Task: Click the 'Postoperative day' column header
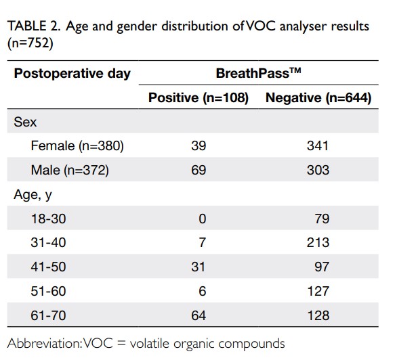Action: [72, 74]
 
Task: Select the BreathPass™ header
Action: [258, 73]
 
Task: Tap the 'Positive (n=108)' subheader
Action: [199, 97]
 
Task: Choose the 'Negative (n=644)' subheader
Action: [318, 97]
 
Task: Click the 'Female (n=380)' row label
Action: [77, 146]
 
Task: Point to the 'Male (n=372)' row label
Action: [70, 170]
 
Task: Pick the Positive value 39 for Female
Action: [199, 146]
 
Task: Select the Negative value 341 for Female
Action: [318, 146]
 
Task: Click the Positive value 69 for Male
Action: [199, 170]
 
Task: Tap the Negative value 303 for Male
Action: [318, 170]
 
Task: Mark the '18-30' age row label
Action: [48, 219]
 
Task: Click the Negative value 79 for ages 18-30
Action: [322, 219]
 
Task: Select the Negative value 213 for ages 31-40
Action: [318, 243]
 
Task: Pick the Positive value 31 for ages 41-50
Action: [199, 267]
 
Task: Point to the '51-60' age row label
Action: [48, 292]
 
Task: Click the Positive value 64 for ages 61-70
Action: [199, 315]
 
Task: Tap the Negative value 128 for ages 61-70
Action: [318, 315]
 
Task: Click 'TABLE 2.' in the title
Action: [34, 26]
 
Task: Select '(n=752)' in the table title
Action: [30, 43]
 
